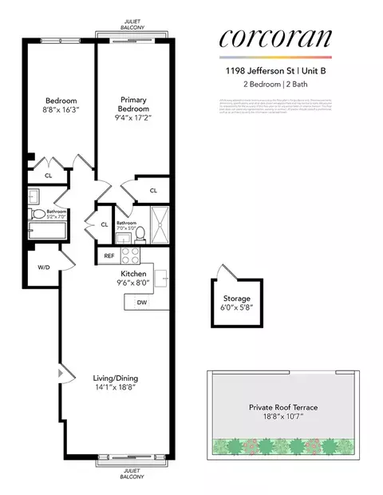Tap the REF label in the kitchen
109,256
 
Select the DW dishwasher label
141,303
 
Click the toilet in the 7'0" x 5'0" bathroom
140,234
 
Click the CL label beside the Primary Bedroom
153,190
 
